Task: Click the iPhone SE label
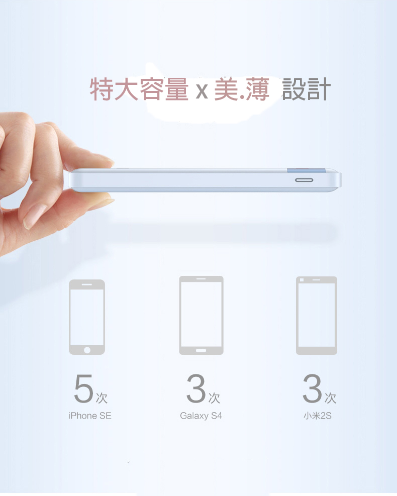click(x=90, y=415)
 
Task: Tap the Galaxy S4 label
click(x=201, y=416)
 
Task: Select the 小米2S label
click(x=318, y=415)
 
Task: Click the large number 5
click(x=83, y=388)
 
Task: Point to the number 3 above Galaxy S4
click(x=196, y=388)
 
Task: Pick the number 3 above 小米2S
click(x=312, y=388)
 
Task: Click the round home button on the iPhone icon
click(x=87, y=350)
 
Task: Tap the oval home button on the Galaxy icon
click(x=201, y=350)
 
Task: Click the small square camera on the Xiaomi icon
click(x=302, y=280)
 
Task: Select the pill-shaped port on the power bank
click(x=304, y=180)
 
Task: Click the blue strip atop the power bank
click(x=306, y=170)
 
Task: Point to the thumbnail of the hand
click(x=34, y=216)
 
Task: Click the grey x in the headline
click(x=202, y=91)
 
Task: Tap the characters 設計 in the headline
click(x=306, y=89)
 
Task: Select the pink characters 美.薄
click(x=242, y=89)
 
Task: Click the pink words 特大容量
click(x=139, y=89)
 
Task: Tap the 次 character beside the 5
click(x=102, y=398)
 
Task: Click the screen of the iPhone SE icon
click(x=87, y=317)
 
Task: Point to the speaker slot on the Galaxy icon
click(x=201, y=279)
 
